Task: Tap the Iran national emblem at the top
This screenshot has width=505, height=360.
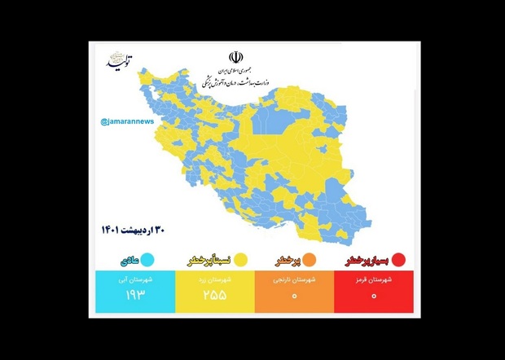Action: point(235,58)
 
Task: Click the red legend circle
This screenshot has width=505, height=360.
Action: point(399,261)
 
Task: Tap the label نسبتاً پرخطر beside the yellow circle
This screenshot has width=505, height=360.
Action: point(210,261)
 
